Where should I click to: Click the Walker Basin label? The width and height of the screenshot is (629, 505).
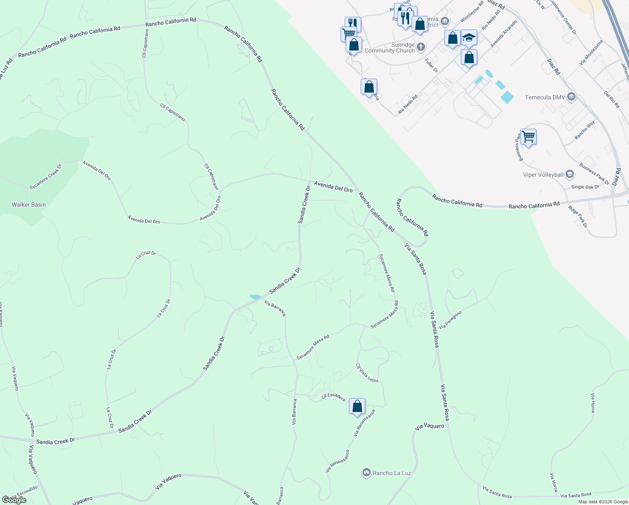click(x=29, y=205)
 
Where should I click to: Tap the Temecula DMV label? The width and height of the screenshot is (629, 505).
click(x=545, y=97)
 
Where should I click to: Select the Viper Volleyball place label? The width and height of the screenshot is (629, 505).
click(x=543, y=175)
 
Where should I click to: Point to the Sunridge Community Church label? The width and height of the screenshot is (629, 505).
click(x=390, y=48)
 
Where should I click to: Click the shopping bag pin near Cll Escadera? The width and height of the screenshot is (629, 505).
click(x=357, y=407)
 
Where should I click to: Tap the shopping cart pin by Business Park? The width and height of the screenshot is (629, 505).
click(x=528, y=137)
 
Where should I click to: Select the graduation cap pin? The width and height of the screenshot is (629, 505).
click(x=469, y=38)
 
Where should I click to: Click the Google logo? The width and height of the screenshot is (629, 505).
click(x=14, y=500)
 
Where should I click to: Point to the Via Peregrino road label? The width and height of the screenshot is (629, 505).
click(x=450, y=320)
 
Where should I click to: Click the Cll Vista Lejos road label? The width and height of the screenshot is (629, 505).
click(x=367, y=373)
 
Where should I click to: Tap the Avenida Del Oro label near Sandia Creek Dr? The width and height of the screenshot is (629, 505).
click(x=333, y=187)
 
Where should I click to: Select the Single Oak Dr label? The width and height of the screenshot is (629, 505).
click(x=585, y=187)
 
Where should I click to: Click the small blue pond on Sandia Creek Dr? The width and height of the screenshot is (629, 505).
click(x=255, y=297)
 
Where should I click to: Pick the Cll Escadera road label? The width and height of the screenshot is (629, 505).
click(x=333, y=397)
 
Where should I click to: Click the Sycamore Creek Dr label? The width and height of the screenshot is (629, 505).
click(x=45, y=176)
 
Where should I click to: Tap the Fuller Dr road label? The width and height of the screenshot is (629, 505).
click(x=431, y=65)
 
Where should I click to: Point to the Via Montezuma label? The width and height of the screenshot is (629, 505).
click(x=591, y=52)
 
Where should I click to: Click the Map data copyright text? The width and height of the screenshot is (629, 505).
click(x=603, y=502)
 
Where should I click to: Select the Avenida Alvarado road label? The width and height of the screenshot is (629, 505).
click(x=503, y=34)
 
